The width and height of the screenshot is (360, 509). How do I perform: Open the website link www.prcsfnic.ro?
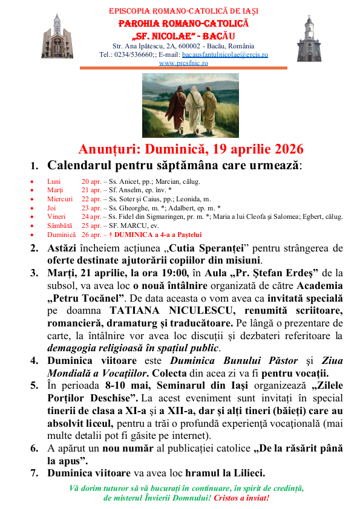[x=180, y=62]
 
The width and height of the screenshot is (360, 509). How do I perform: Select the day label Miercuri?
[x=59, y=198]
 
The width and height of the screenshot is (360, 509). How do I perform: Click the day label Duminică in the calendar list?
[x=61, y=234]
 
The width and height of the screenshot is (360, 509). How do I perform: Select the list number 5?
[x=34, y=384]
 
